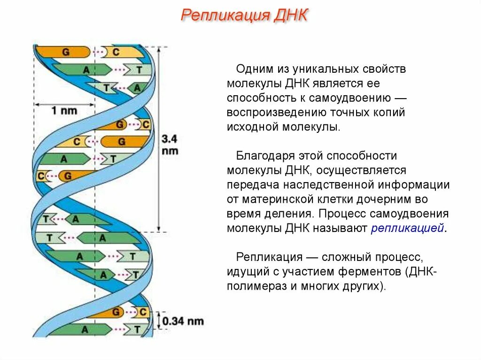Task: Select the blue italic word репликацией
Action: [407, 229]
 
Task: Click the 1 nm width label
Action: [64, 111]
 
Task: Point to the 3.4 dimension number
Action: [170, 139]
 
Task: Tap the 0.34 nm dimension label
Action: [183, 321]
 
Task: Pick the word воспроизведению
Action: [273, 112]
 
